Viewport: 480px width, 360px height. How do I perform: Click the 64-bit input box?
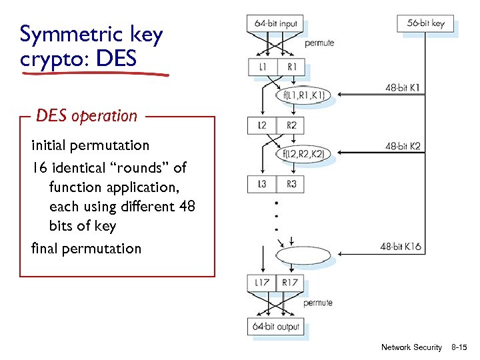tap(275, 23)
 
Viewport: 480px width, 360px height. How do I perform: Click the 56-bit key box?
tap(425, 23)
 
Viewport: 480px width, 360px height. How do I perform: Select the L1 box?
tap(261, 67)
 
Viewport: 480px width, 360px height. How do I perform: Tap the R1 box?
tap(291, 67)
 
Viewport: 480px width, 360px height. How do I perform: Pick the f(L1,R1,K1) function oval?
tap(303, 96)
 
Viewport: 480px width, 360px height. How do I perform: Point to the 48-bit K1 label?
tap(403, 87)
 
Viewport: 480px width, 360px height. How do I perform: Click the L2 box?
tap(261, 125)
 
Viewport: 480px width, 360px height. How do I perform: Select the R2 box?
tap(291, 125)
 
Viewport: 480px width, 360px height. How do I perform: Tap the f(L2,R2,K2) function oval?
tap(303, 155)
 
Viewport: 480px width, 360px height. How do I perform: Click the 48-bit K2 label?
tap(403, 146)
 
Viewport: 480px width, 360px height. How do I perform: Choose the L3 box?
tap(261, 184)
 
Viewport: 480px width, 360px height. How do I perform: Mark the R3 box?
tap(291, 184)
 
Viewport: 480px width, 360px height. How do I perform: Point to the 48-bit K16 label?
tap(401, 247)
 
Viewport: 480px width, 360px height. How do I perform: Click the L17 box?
tap(261, 283)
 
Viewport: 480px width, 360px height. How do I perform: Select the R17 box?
tap(290, 283)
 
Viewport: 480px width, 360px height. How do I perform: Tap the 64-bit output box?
tap(276, 327)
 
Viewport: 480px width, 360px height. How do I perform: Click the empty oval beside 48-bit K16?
tap(303, 255)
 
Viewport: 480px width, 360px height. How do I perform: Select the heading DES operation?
tap(87, 116)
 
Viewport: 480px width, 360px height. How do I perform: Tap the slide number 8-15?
tap(460, 347)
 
